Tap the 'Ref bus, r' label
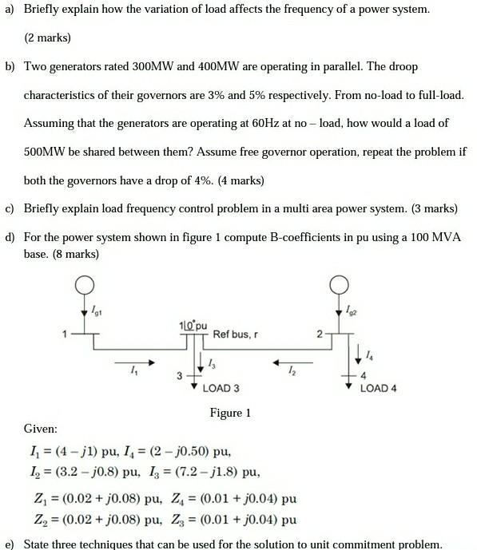pos(236,334)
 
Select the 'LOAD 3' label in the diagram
pos(221,389)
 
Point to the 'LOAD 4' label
pos(379,389)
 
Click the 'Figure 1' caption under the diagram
pos(230,413)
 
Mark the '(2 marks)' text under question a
pos(47,38)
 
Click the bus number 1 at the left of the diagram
pos(64,335)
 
